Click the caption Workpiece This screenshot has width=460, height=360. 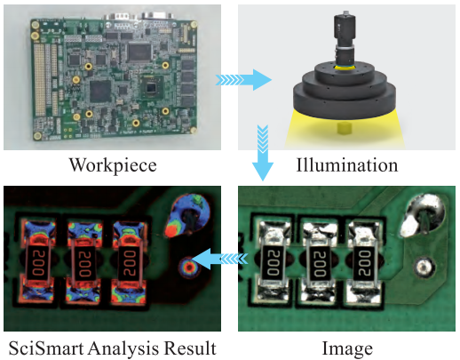pos(113,165)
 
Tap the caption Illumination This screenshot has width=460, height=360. pos(347,164)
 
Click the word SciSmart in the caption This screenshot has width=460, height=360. pos(46,348)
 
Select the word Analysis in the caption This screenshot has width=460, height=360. pos(123,348)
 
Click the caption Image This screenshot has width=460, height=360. pos(347,349)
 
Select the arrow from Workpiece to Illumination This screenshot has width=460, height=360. pos(243,80)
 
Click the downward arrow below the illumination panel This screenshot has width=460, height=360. pos(263,153)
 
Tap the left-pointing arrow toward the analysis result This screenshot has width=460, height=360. pos(220,259)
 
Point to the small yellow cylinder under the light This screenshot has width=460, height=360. pos(345,128)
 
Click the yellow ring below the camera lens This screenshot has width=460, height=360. pos(345,68)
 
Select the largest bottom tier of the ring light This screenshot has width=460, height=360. pos(345,102)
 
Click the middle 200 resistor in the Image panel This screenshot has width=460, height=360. pos(319,262)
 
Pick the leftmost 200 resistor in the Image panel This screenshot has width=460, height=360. pos(272,262)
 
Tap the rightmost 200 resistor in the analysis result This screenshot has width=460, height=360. pos(131,262)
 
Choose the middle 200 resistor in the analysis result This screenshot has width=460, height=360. pos(84,262)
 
